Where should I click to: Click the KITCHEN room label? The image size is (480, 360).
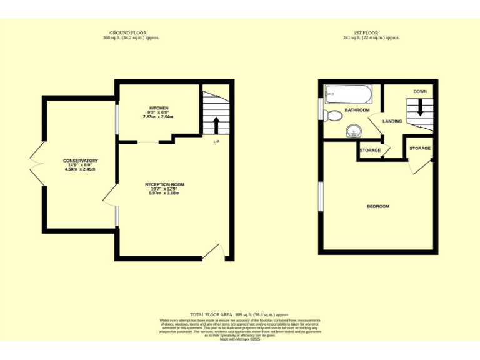click(x=158, y=107)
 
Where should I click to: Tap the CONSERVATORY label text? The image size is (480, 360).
click(x=81, y=161)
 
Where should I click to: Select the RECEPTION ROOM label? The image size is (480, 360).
click(x=164, y=184)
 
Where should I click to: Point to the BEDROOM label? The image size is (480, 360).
click(x=377, y=206)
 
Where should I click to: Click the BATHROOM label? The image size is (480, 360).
click(x=357, y=110)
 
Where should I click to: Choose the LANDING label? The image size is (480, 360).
click(x=392, y=121)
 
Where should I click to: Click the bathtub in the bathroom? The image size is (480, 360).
click(x=348, y=95)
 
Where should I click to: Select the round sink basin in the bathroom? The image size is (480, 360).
click(x=354, y=131)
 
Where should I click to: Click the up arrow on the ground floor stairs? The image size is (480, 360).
click(x=216, y=125)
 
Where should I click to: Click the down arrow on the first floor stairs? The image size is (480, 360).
click(x=420, y=108)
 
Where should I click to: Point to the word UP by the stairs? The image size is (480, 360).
click(x=216, y=141)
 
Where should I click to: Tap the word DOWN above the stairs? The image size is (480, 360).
click(x=420, y=91)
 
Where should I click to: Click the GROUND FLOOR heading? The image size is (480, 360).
click(x=131, y=32)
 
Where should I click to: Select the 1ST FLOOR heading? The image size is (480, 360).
click(x=371, y=32)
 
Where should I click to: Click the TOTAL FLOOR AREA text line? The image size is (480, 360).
click(x=240, y=314)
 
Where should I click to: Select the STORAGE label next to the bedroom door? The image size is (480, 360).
click(x=420, y=148)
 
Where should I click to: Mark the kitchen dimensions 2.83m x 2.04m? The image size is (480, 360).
click(x=158, y=117)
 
